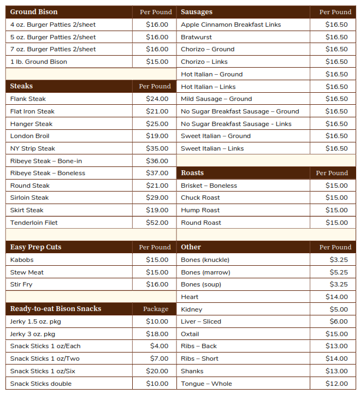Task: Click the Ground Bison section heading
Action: (x=33, y=11)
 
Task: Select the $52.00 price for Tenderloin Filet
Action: (x=157, y=223)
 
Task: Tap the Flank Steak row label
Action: (x=28, y=99)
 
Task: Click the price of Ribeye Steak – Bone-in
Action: (x=157, y=161)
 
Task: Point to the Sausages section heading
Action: (x=197, y=11)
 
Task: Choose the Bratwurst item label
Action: (x=196, y=37)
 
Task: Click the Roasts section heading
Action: (x=192, y=173)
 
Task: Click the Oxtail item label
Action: (x=190, y=334)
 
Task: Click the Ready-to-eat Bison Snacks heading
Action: (x=55, y=309)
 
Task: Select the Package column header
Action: (x=156, y=309)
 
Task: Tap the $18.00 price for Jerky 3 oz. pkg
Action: (x=157, y=334)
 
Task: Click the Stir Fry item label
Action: (x=21, y=284)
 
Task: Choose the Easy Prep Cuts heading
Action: (x=36, y=247)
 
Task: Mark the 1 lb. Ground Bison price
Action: (x=157, y=62)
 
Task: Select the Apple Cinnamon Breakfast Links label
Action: (x=231, y=25)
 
